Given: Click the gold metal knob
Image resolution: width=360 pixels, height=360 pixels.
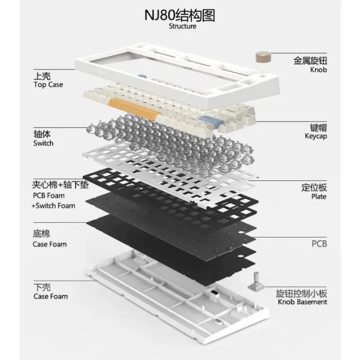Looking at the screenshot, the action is click(263, 58).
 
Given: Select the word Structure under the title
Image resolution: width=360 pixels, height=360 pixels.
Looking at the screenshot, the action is click(183, 27).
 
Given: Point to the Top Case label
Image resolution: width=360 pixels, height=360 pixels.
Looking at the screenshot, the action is click(48, 85).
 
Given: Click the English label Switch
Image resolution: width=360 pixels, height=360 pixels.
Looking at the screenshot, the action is click(43, 143).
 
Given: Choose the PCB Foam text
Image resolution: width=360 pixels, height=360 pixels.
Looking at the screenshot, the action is click(48, 196).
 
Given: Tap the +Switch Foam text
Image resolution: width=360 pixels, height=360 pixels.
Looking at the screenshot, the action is click(53, 206).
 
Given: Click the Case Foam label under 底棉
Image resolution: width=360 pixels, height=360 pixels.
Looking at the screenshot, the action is click(50, 244).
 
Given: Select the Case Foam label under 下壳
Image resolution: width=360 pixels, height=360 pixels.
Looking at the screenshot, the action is click(50, 297).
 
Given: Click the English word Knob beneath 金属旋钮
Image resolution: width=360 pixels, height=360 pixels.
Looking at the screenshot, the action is click(319, 70).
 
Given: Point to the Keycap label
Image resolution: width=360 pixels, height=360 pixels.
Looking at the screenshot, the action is click(316, 137).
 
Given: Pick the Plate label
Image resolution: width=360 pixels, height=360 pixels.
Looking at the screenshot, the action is click(319, 197).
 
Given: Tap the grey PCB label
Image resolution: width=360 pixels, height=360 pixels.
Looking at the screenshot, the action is click(319, 244).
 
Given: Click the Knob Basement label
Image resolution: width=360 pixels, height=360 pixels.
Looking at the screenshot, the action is click(302, 302).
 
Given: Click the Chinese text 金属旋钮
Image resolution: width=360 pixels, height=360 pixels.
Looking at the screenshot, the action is click(310, 60).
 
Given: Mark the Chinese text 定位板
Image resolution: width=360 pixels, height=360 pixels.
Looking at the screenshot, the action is click(314, 187).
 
